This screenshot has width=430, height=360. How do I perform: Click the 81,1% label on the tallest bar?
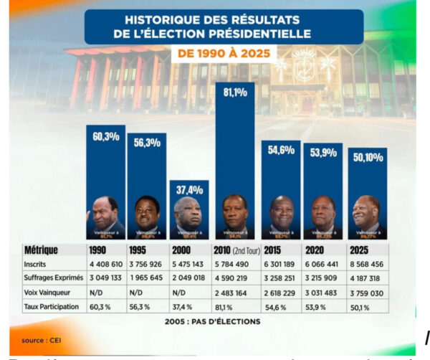tap(235, 93)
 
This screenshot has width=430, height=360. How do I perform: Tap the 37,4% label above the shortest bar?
tap(188, 190)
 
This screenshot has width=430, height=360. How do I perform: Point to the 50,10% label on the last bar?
tap(367, 158)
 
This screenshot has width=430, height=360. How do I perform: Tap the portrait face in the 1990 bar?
tap(105, 210)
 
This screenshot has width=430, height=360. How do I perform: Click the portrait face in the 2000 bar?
tap(188, 211)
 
